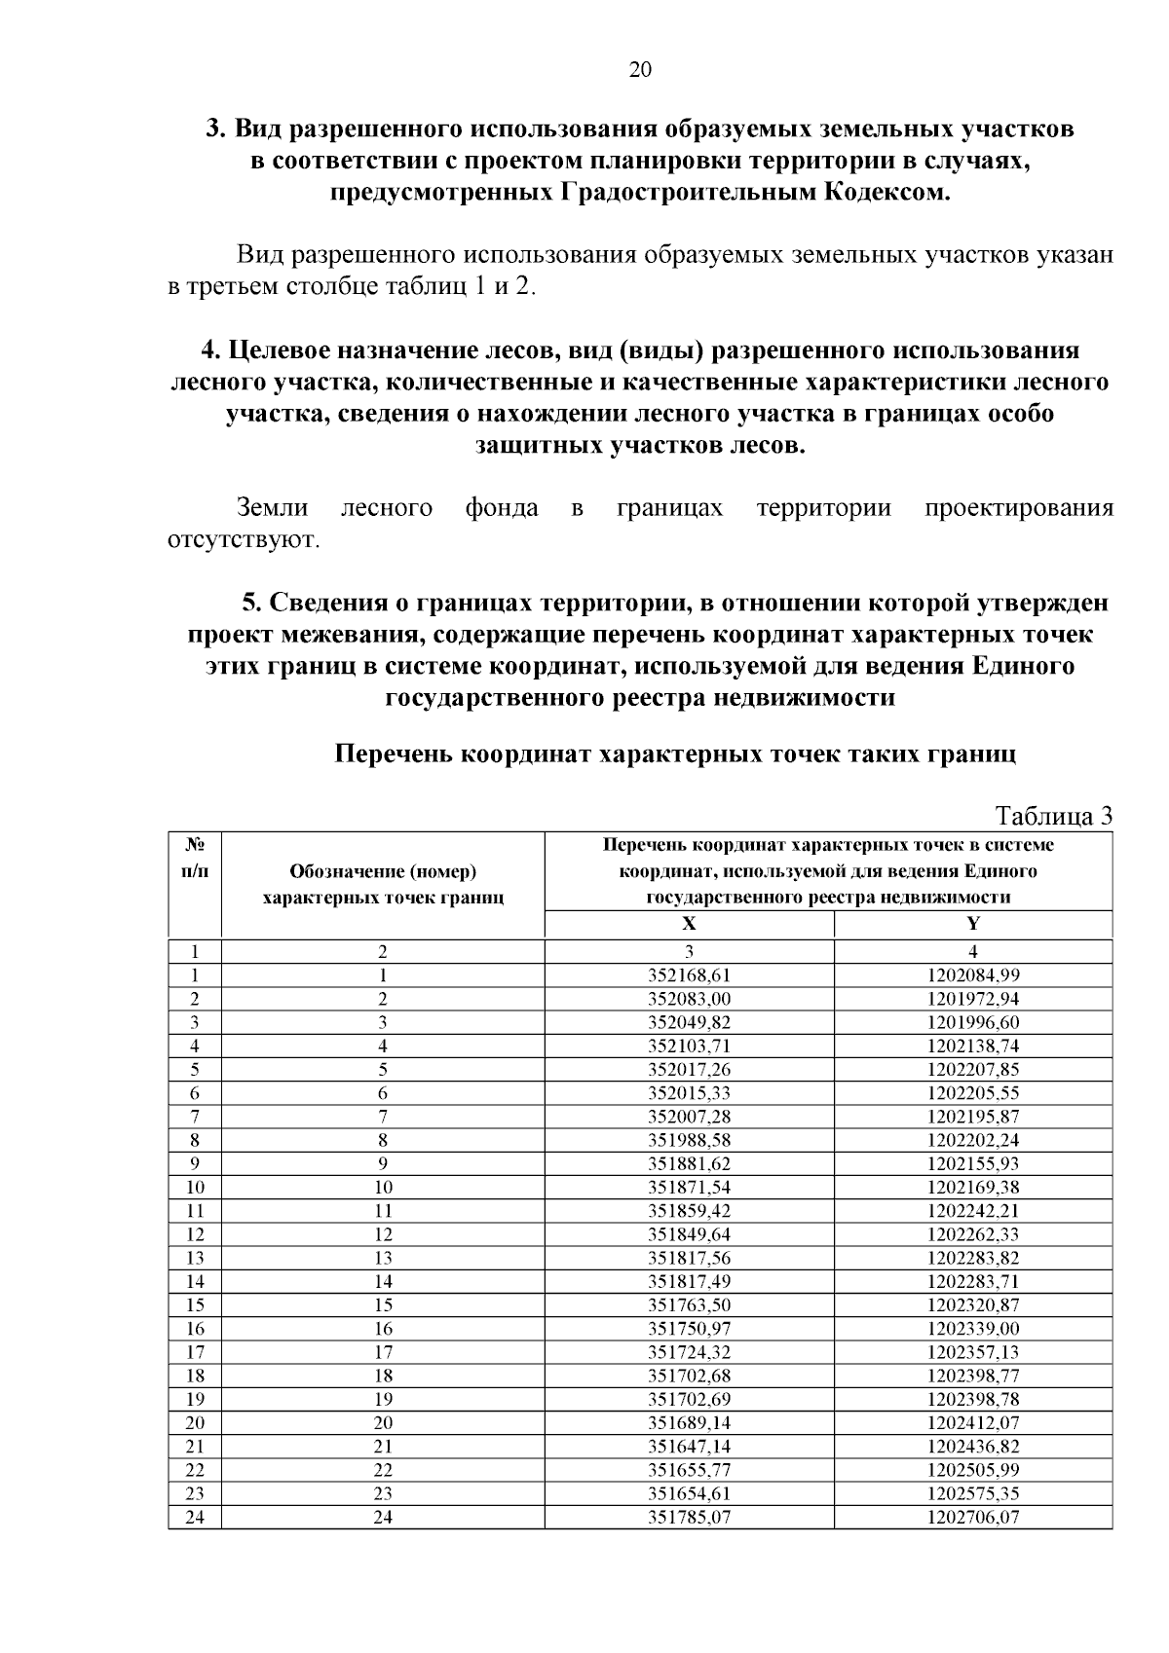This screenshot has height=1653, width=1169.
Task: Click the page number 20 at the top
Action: click(640, 69)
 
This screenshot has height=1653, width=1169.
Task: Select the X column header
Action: click(689, 924)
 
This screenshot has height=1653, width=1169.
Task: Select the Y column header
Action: click(972, 924)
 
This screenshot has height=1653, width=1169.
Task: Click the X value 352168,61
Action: click(689, 974)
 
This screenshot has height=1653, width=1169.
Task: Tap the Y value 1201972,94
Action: click(972, 999)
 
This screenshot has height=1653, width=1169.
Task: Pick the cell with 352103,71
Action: click(689, 1046)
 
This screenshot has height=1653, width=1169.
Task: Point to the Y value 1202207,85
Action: click(972, 1069)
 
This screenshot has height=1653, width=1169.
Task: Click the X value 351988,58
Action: click(689, 1140)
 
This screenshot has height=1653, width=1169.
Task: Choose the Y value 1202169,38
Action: click(972, 1187)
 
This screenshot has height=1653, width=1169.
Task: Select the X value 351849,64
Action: click(689, 1234)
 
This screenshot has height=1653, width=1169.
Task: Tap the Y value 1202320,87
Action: click(972, 1304)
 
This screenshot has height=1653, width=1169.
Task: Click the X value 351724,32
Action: click(689, 1352)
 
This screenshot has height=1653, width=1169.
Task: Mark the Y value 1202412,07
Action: click(972, 1422)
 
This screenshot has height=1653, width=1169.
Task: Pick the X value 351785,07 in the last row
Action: click(689, 1517)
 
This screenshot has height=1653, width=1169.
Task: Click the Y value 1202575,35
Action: click(972, 1493)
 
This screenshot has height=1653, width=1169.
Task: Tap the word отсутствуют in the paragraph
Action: click(243, 539)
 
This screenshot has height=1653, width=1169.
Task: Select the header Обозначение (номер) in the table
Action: click(383, 872)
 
